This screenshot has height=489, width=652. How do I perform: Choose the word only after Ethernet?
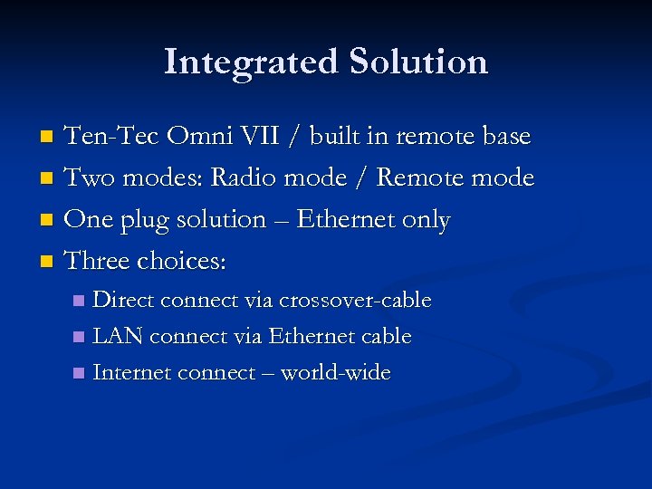426,220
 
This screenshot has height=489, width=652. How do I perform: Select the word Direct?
124,300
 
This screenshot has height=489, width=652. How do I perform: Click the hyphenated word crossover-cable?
355,300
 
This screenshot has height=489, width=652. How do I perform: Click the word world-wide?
335,373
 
